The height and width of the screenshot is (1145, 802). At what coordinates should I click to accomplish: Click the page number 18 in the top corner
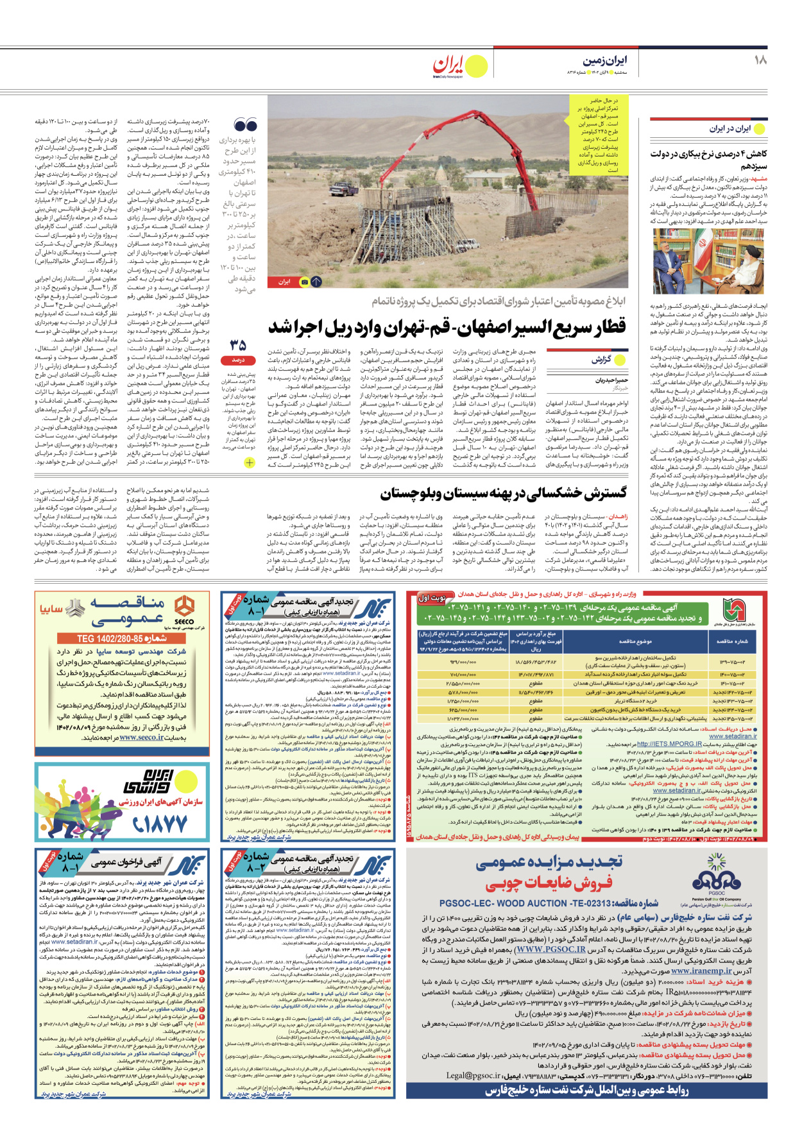760,60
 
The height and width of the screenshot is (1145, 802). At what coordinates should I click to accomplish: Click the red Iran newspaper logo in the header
448,64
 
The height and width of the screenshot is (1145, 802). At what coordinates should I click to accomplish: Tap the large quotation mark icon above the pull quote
245,125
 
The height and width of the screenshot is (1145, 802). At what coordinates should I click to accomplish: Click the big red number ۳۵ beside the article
238,346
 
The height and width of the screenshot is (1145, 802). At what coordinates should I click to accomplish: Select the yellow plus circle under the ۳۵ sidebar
250,462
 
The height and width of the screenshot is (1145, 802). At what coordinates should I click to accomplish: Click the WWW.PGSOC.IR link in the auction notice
550,949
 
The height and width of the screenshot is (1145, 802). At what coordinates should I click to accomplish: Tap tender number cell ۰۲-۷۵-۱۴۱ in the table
732,684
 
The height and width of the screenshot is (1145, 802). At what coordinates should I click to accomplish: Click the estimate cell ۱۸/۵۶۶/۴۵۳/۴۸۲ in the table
535,661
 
